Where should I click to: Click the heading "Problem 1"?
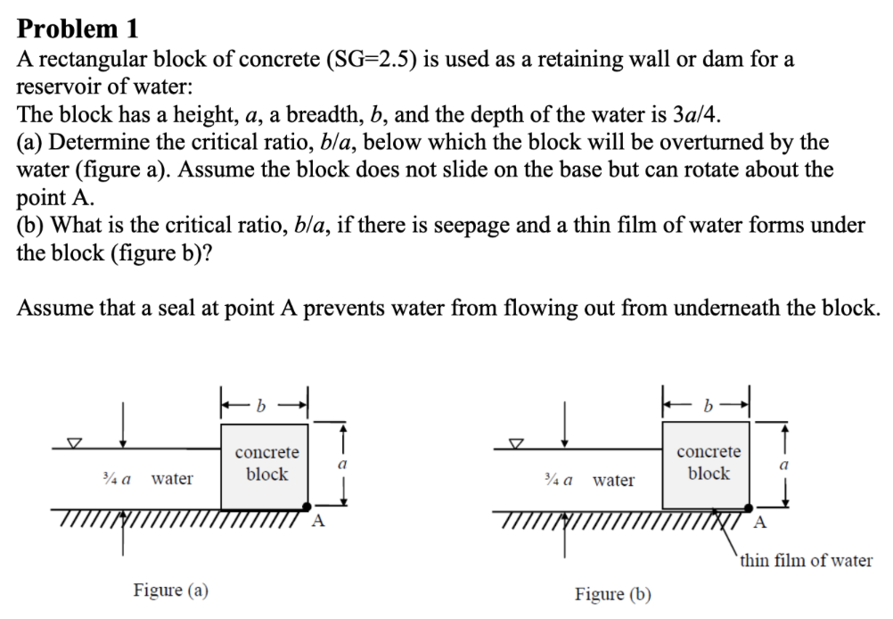tap(78, 29)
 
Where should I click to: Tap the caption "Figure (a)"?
tap(170, 590)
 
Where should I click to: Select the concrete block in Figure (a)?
tap(265, 466)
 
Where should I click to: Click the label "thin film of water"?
tap(806, 560)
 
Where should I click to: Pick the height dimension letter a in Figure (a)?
tap(341, 464)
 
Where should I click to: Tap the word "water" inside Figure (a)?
tap(172, 479)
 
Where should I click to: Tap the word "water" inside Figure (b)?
tap(614, 481)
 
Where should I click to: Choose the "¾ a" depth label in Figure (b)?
tap(557, 481)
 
